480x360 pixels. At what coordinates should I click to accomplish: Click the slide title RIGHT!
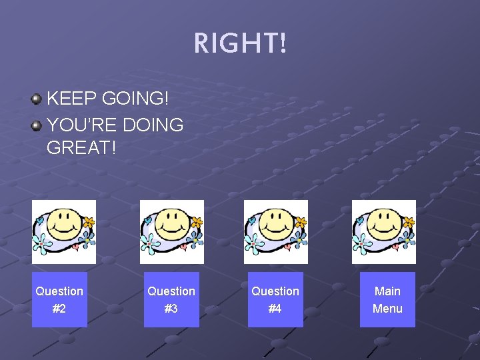coord(240,44)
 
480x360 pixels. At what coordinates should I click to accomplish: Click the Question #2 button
coord(59,299)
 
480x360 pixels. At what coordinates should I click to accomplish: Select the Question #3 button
coord(171,299)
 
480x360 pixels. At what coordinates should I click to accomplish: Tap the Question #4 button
coord(275,299)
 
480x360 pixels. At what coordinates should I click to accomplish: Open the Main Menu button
coord(387,299)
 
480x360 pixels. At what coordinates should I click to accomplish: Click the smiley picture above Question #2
coord(64,231)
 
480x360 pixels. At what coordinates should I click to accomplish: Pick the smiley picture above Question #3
coord(171,231)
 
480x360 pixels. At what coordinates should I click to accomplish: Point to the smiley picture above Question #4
coord(275,231)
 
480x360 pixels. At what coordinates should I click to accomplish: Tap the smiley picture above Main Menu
coord(383,231)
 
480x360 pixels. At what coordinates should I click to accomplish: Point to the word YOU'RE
coord(79,125)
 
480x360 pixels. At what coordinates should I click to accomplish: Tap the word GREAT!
coord(81,148)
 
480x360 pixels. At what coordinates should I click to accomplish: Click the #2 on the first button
coord(59,309)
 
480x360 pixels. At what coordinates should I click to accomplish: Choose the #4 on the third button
coord(275,309)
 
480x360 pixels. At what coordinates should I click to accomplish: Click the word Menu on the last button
coord(387,309)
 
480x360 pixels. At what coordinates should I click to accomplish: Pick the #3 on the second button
coord(171,309)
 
